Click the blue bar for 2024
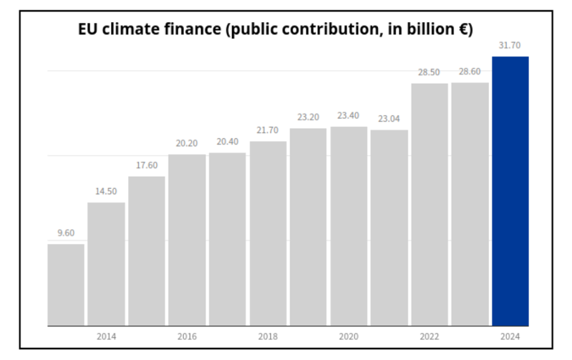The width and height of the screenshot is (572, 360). [510, 191]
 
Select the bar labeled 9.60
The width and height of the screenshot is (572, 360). [66, 285]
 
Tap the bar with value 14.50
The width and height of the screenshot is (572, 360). [106, 264]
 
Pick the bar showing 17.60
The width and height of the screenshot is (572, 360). [147, 251]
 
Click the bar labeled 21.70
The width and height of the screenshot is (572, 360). [268, 233]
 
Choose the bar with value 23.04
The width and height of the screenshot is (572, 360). [389, 228]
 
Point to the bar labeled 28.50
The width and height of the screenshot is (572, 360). [429, 205]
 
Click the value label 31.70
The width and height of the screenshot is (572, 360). [510, 46]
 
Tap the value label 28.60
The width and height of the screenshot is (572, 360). [470, 72]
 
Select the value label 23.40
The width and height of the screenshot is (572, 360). [349, 116]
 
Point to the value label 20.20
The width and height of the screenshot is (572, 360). [187, 143]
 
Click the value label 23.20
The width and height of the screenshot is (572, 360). [308, 117]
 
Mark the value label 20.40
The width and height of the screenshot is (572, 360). [227, 142]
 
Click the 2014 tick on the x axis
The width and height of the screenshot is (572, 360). [106, 336]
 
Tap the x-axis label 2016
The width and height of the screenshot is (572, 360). [187, 336]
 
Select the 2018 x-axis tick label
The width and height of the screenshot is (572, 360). [268, 336]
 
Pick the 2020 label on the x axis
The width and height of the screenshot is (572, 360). [349, 336]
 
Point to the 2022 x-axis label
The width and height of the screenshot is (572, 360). [429, 336]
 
